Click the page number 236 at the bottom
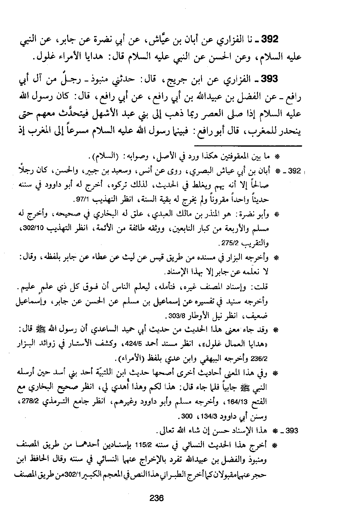click(x=156, y=498)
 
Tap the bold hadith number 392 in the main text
click(x=269, y=39)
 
